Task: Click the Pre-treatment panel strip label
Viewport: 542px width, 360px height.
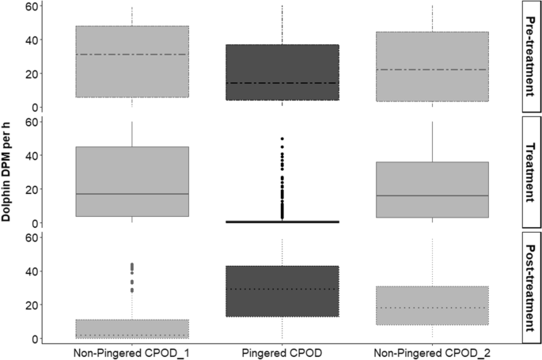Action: click(x=530, y=57)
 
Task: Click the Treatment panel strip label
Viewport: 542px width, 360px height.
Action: click(x=530, y=172)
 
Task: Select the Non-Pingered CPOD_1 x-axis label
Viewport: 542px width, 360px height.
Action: click(x=131, y=351)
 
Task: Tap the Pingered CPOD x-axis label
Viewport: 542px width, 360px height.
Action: click(x=282, y=351)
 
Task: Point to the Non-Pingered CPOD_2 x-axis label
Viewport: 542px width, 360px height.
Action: click(x=432, y=351)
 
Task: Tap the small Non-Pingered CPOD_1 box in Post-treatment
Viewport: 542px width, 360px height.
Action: click(x=131, y=328)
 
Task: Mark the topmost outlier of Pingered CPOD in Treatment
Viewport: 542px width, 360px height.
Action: click(x=282, y=139)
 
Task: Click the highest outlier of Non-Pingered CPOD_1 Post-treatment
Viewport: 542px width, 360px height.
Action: click(x=131, y=264)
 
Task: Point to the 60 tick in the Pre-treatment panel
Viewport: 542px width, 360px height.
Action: click(x=31, y=6)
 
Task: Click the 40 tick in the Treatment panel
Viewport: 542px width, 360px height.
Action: click(x=31, y=156)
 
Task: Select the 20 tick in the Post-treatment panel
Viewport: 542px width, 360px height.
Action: click(x=31, y=305)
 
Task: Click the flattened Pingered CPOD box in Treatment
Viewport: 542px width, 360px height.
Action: click(x=282, y=222)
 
